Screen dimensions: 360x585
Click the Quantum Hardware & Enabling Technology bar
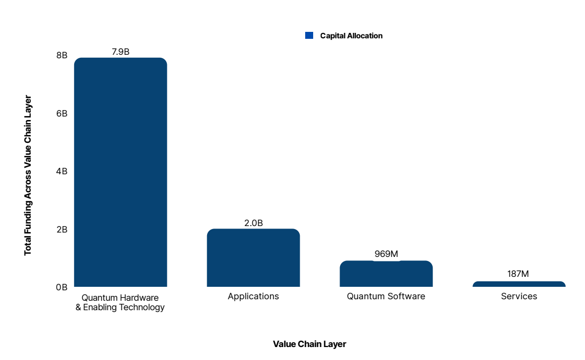point(120,172)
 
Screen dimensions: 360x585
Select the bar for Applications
point(253,257)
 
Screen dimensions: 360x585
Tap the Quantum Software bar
point(386,273)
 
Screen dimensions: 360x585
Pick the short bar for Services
point(519,284)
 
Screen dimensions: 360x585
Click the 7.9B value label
point(120,51)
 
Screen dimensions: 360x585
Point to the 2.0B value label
point(253,223)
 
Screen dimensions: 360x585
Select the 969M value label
point(386,254)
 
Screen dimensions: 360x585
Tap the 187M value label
point(518,273)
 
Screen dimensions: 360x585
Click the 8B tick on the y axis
point(62,55)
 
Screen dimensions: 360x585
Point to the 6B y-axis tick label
point(62,114)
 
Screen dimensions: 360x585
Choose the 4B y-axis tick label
point(62,171)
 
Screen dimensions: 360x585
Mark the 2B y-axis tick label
point(62,230)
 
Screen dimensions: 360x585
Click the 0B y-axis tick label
point(62,287)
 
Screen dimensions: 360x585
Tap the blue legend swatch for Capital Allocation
point(309,35)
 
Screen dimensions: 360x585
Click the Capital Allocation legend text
point(351,36)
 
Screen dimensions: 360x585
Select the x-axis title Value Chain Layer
point(309,344)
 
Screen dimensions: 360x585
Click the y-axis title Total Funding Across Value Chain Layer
point(28,175)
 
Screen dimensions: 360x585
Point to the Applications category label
point(253,296)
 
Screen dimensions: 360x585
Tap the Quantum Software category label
point(386,296)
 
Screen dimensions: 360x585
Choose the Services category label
point(519,296)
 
